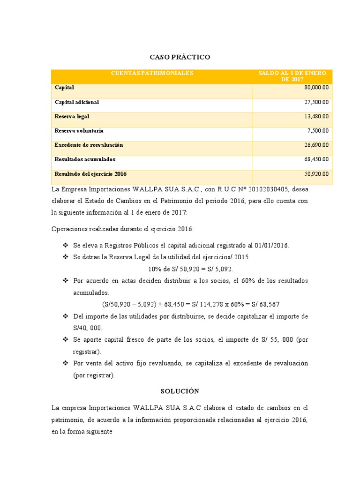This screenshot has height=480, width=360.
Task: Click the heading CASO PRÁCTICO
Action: [x=180, y=57]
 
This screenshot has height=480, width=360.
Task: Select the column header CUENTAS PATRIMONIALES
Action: [x=152, y=74]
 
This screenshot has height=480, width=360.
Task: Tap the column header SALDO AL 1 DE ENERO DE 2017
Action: [x=292, y=76]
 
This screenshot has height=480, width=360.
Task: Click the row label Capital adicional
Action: [x=77, y=102]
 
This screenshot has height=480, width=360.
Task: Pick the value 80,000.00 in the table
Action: [x=316, y=88]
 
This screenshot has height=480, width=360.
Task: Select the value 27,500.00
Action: [x=316, y=102]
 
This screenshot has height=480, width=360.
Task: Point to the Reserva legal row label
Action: [x=72, y=116]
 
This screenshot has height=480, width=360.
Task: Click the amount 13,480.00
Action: [x=316, y=116]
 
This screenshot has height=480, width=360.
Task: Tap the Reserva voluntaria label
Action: [x=79, y=131]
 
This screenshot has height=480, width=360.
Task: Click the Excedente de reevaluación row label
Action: [x=89, y=145]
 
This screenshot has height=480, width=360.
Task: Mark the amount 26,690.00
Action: [x=316, y=145]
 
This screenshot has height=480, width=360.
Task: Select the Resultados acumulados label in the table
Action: [x=85, y=159]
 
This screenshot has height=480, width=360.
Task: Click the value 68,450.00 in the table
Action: [x=316, y=159]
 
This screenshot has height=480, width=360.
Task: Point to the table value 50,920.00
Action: [x=316, y=174]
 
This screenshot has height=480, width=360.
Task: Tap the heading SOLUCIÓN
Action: [x=180, y=391]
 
